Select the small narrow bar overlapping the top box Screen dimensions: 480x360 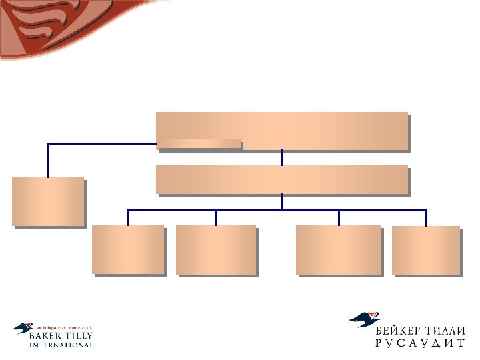pyautogui.click(x=199, y=143)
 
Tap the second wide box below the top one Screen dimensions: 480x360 pyautogui.click(x=281, y=179)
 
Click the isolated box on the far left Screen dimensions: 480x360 pyautogui.click(x=48, y=201)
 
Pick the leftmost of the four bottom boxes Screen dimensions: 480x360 pyautogui.click(x=128, y=249)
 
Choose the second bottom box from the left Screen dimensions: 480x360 pyautogui.click(x=215, y=249)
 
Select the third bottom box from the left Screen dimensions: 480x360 pyautogui.click(x=339, y=249)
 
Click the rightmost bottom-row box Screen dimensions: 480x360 pyautogui.click(x=426, y=250)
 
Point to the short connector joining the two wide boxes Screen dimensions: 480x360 pyautogui.click(x=282, y=157)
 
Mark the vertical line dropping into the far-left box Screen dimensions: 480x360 pyautogui.click(x=48, y=160)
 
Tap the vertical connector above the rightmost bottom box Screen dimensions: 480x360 pyautogui.click(x=426, y=218)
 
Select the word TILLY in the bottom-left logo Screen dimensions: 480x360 pyautogui.click(x=77, y=337)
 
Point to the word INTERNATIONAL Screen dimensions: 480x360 pyautogui.click(x=61, y=345)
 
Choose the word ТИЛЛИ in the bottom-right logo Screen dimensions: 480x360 pyautogui.click(x=443, y=331)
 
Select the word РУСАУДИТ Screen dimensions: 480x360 pyautogui.click(x=417, y=344)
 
